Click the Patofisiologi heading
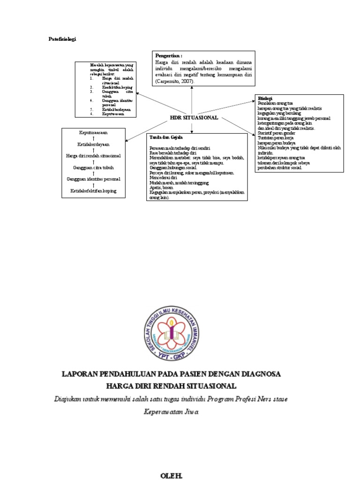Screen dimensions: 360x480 [x=62, y=39]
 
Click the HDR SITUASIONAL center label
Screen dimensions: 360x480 [x=194, y=118]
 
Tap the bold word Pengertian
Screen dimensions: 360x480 [x=168, y=55]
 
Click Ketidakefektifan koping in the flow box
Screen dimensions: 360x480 [x=94, y=191]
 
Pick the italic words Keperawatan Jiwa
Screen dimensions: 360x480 [x=171, y=412]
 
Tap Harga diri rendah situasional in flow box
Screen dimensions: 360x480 [x=94, y=156]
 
